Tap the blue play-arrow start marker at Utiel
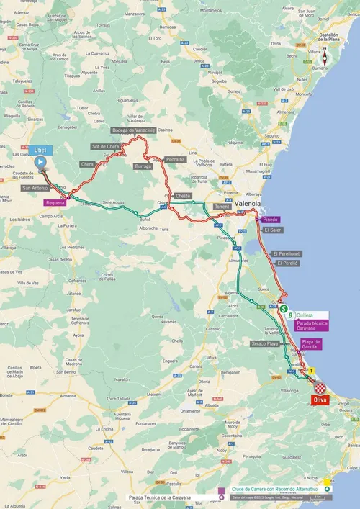click(41, 162)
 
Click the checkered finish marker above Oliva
click(320, 388)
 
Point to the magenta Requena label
click(56, 203)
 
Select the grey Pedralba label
click(175, 159)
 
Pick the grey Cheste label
click(183, 196)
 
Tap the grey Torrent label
click(222, 206)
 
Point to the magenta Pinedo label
click(271, 219)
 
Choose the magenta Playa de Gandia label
click(311, 344)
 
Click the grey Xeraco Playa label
click(264, 345)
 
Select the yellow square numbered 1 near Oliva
click(312, 371)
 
